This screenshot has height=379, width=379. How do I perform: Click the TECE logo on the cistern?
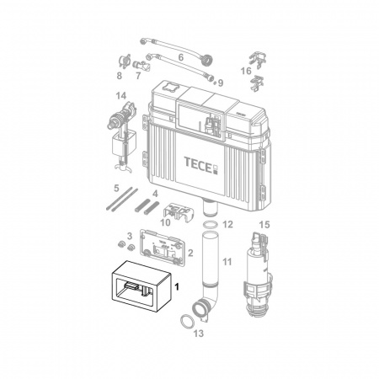coord(201,165)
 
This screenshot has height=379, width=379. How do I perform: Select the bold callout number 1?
coord(177,287)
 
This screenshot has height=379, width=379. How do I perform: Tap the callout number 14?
coord(121,96)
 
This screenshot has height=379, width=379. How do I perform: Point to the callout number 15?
coord(264,225)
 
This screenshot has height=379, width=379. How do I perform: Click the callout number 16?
coord(246,71)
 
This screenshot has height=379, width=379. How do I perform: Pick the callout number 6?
coord(181,57)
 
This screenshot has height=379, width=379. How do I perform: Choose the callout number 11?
coord(227,262)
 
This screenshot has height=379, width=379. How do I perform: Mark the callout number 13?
coord(199,334)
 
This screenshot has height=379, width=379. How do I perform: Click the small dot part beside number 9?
coord(215,83)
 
